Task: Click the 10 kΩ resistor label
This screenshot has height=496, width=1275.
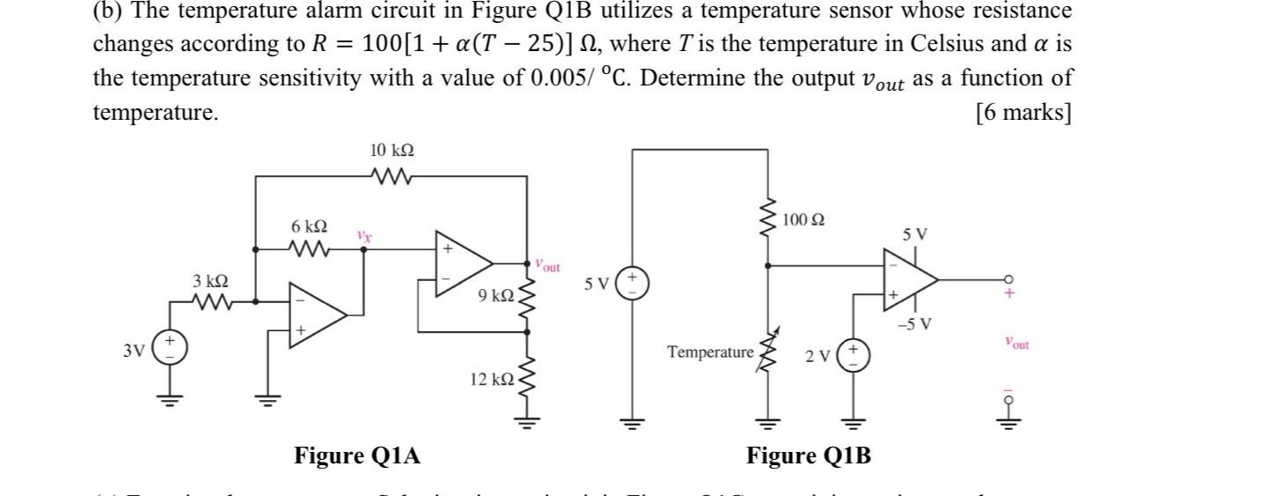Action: (392, 152)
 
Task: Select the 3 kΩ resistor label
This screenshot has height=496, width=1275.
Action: (210, 282)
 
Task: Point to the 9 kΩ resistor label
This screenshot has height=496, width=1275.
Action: (495, 297)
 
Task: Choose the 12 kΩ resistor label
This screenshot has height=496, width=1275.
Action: (491, 380)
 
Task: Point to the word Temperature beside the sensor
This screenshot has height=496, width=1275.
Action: (710, 352)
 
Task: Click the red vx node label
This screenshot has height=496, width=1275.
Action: (363, 236)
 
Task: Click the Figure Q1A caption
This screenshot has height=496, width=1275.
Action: (356, 455)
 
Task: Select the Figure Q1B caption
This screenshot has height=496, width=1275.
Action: (809, 455)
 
